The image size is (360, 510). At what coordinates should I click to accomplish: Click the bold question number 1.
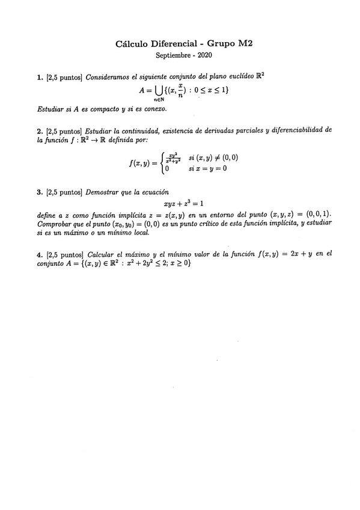[x=39, y=78]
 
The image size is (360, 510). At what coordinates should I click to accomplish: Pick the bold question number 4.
[x=39, y=254]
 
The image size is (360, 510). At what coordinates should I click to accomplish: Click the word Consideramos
[x=109, y=78]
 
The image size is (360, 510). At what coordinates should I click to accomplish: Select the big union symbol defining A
[x=159, y=91]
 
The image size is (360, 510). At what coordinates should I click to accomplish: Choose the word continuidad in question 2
[x=144, y=130]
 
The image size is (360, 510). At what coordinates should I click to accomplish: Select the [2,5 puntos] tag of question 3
[x=64, y=192]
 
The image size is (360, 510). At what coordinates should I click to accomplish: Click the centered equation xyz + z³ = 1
[x=180, y=204]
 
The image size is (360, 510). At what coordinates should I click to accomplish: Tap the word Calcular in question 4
[x=104, y=254]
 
